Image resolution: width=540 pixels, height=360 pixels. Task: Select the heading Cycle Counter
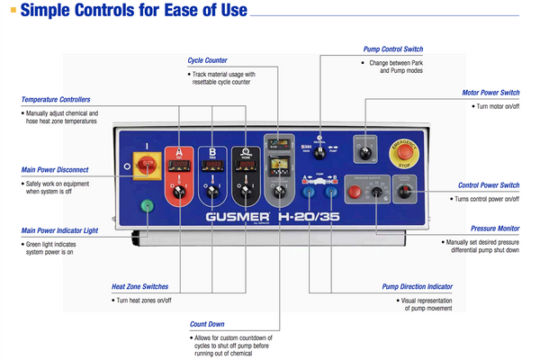click(207, 60)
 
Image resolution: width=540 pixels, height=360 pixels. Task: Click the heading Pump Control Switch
click(392, 49)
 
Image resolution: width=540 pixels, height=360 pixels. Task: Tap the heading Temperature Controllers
click(55, 99)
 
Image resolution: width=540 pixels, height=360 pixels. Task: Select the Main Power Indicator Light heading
click(58, 230)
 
